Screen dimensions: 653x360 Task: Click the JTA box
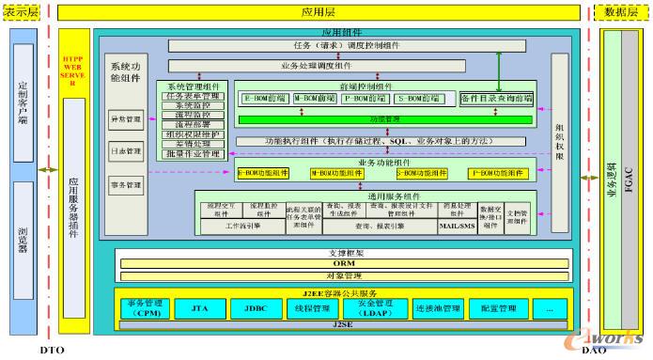[199, 308]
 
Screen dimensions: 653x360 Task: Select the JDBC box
[255, 308]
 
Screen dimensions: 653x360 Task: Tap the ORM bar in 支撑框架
[343, 263]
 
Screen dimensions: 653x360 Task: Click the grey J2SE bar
[343, 324]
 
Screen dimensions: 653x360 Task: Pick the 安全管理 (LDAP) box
[376, 308]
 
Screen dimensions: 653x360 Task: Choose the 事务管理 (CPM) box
[144, 308]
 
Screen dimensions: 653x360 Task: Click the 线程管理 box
[315, 308]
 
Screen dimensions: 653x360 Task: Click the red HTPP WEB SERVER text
[73, 70]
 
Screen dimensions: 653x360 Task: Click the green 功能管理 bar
[385, 119]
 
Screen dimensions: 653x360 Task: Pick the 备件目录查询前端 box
[497, 98]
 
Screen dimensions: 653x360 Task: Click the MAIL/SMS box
[458, 227]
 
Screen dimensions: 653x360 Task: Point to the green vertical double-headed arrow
[499, 71]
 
